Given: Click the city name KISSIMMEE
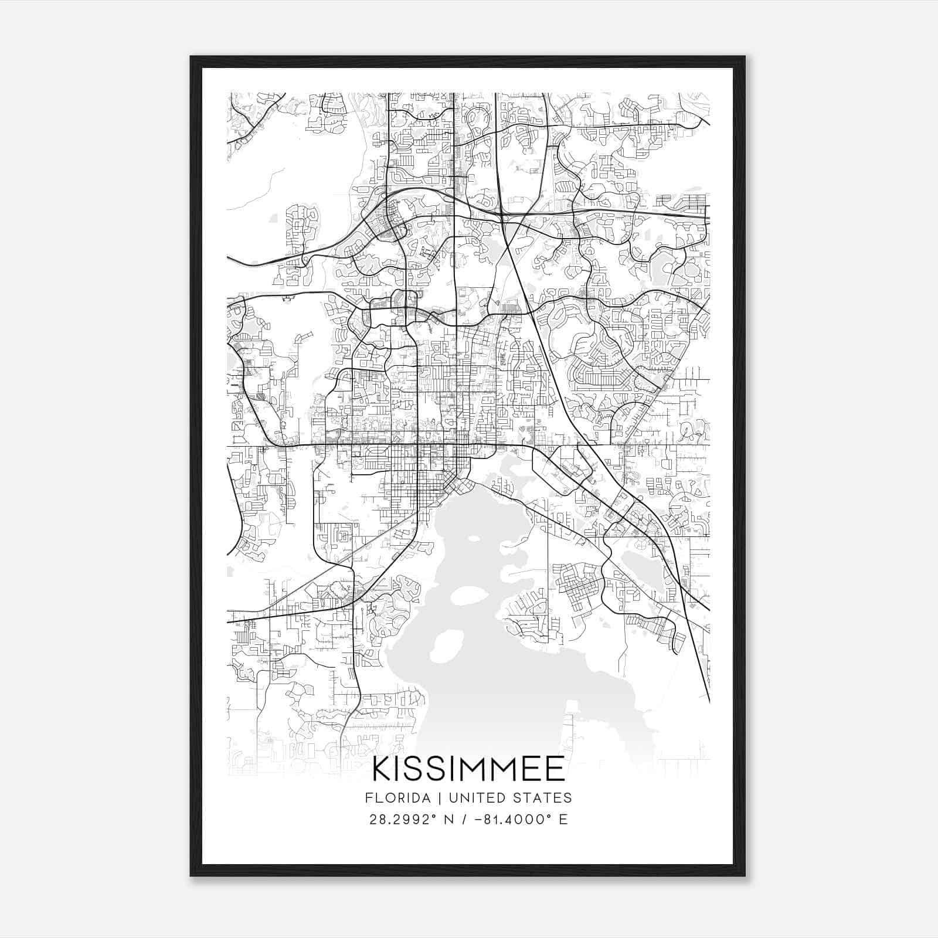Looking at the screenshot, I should coord(468,769).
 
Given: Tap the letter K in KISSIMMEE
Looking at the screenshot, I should coord(382,769).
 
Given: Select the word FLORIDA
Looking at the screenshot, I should coord(393,797).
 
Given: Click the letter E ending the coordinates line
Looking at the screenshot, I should coord(563,820).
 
